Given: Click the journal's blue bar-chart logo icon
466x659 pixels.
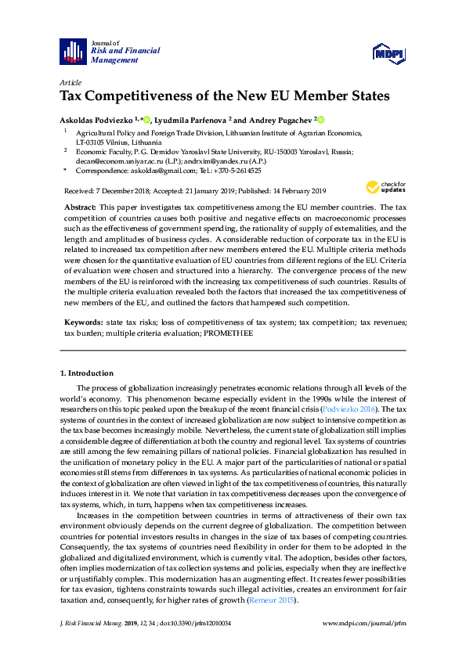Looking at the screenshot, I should point(74,51).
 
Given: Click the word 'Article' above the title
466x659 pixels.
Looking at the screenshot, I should point(70,82).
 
